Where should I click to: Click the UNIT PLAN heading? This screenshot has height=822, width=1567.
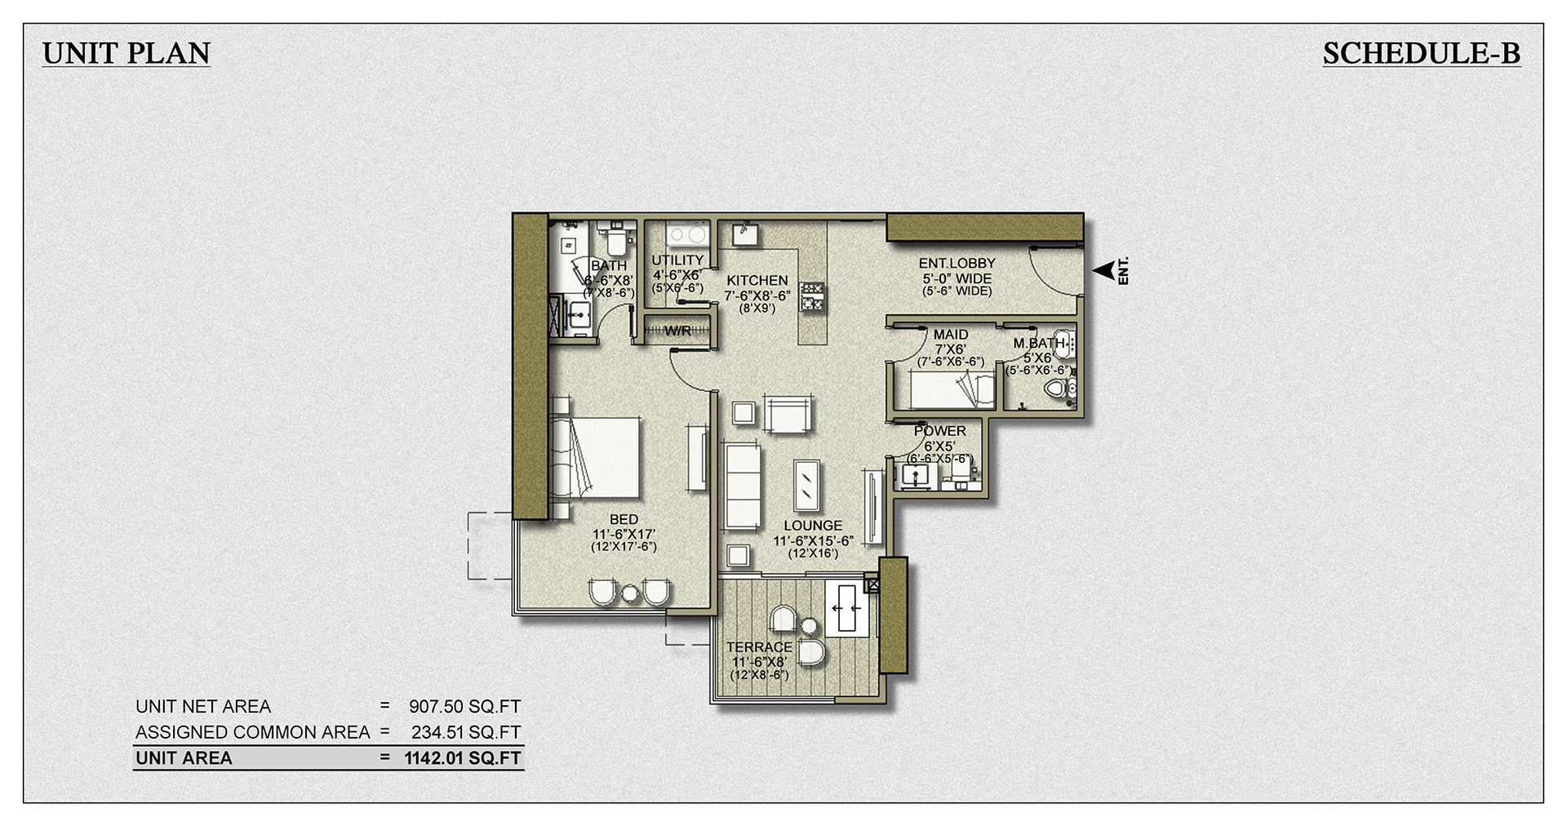pyautogui.click(x=127, y=54)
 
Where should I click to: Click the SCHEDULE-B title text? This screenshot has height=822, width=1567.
pyautogui.click(x=1421, y=54)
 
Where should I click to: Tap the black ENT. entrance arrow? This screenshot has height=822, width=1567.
pyautogui.click(x=1104, y=271)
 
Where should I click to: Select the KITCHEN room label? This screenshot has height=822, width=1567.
pyautogui.click(x=757, y=281)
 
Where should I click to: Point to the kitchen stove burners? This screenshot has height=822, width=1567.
pyautogui.click(x=811, y=296)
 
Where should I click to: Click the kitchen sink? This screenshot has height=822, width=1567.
pyautogui.click(x=745, y=234)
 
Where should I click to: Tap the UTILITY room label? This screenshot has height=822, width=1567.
pyautogui.click(x=677, y=260)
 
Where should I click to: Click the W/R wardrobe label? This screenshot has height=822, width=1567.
pyautogui.click(x=677, y=331)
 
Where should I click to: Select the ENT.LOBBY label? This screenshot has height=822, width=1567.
pyautogui.click(x=957, y=264)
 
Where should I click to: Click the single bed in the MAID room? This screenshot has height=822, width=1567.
pyautogui.click(x=952, y=391)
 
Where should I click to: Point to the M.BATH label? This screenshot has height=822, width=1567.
pyautogui.click(x=1038, y=344)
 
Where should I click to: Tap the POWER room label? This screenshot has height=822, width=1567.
pyautogui.click(x=939, y=431)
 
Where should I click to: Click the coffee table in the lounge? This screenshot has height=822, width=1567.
pyautogui.click(x=806, y=485)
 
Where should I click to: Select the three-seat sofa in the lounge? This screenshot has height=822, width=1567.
pyautogui.click(x=743, y=487)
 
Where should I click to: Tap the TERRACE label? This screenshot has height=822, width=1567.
pyautogui.click(x=759, y=647)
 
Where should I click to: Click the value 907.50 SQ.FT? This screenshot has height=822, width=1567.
pyautogui.click(x=464, y=707)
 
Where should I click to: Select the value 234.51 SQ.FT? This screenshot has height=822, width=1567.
pyautogui.click(x=465, y=732)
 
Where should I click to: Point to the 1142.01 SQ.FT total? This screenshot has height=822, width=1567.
pyautogui.click(x=462, y=758)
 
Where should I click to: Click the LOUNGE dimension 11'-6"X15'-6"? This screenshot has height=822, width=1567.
pyautogui.click(x=813, y=540)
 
